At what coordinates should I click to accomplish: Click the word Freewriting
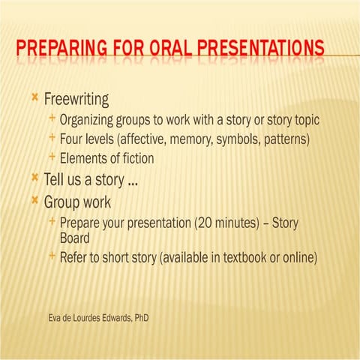tap(76, 100)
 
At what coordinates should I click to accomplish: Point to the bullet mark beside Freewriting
tap(35, 98)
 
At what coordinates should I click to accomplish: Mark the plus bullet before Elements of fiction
tap(51, 157)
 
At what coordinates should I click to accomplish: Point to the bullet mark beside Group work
tap(35, 200)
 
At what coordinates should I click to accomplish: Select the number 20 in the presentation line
tap(202, 223)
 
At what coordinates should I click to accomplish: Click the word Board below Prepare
tap(75, 238)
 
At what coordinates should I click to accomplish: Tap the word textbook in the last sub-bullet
tap(241, 257)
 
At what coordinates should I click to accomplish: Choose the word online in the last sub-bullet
tap(297, 257)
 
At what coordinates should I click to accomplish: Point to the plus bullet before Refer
tap(51, 256)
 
